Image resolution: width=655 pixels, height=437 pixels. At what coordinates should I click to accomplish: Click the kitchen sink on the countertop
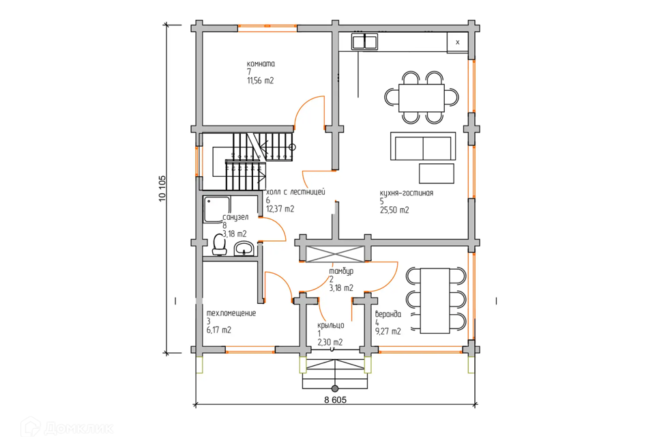[364, 42]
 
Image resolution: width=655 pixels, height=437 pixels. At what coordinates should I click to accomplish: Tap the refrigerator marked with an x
[457, 42]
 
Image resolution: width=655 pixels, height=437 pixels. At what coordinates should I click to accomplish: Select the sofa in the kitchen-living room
[423, 146]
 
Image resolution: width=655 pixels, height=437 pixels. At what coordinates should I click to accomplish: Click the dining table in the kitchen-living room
[422, 98]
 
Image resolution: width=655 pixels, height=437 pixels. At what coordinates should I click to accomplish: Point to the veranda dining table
[435, 300]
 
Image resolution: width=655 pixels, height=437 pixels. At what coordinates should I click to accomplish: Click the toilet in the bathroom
[219, 244]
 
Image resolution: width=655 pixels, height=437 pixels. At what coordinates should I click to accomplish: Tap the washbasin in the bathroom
[244, 249]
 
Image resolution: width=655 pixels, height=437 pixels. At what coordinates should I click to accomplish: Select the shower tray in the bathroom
[216, 209]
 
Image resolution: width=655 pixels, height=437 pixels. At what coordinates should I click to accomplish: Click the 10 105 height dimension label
[162, 188]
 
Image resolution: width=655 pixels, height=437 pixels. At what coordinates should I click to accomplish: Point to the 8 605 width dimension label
[335, 399]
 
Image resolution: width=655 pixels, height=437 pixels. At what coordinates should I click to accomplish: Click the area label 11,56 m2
[260, 81]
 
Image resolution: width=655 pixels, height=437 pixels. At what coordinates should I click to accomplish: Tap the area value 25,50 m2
[394, 210]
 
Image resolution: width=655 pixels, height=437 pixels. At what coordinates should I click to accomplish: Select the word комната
[261, 64]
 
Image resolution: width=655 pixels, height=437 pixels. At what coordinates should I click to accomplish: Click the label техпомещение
[231, 313]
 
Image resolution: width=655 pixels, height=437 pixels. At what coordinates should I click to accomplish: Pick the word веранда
[388, 315]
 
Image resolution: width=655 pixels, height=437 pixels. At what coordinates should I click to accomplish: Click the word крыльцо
[330, 325]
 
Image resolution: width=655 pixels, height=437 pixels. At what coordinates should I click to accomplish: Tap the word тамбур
[341, 271]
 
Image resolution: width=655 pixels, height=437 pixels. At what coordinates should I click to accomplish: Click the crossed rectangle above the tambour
[335, 254]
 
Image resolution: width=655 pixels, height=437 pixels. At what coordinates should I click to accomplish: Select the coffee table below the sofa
[437, 173]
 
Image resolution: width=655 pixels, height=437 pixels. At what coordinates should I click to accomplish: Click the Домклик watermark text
[78, 428]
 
